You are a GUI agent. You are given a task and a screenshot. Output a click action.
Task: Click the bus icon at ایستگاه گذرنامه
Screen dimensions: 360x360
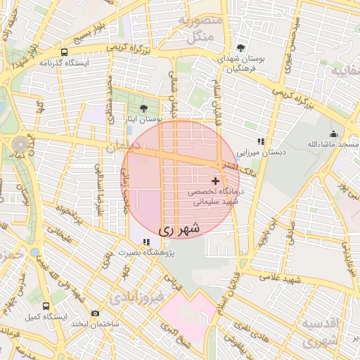(65, 52)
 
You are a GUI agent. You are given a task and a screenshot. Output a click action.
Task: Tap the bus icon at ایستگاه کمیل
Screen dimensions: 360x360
(46, 307)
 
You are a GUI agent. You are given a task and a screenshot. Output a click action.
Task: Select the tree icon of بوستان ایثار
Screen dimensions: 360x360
(144, 108)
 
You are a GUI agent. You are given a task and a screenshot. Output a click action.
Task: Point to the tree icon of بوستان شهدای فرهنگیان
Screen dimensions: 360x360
(241, 48)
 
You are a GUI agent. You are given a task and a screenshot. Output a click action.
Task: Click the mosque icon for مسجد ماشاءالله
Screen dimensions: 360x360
(333, 134)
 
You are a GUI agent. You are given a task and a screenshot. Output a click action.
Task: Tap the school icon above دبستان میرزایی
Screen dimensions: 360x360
(260, 141)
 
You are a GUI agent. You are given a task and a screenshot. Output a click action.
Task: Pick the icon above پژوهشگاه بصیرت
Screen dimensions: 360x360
(146, 242)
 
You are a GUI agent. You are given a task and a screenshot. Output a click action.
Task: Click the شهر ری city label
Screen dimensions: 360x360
(179, 229)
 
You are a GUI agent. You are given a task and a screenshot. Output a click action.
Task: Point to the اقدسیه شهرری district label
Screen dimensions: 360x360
(324, 332)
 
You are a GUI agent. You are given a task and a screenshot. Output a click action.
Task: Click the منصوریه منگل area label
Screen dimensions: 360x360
(201, 28)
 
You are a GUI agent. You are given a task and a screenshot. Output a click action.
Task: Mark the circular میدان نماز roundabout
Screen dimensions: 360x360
(20, 145)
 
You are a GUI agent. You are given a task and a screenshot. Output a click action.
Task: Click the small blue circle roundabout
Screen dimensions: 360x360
(34, 251)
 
